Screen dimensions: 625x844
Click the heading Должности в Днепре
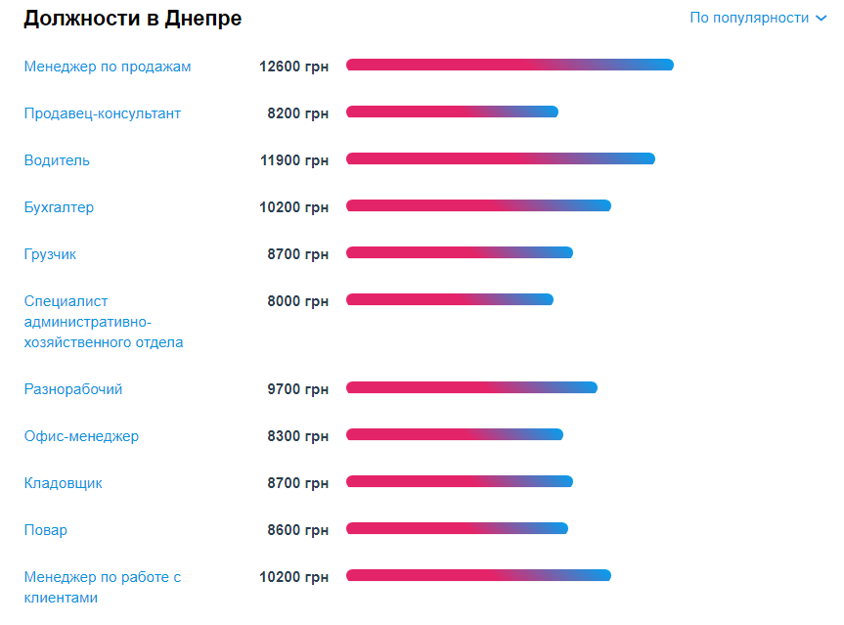(x=132, y=19)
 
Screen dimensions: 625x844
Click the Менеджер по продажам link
(x=108, y=67)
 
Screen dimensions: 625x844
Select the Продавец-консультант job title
(x=103, y=113)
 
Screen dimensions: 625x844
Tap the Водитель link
(x=57, y=160)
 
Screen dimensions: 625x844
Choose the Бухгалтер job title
(x=60, y=207)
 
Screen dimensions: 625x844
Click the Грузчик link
(x=50, y=254)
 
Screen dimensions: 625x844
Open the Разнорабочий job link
(x=73, y=389)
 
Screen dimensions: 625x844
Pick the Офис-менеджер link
(x=81, y=436)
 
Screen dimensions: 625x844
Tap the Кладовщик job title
(x=64, y=483)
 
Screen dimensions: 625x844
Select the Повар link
(x=46, y=530)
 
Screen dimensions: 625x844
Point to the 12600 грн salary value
(x=293, y=67)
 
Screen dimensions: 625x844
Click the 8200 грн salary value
(x=297, y=113)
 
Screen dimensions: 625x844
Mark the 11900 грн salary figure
(x=293, y=160)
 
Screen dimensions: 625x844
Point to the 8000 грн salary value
(x=297, y=301)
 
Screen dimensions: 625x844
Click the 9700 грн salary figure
(x=297, y=389)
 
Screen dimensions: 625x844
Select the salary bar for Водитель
(x=500, y=158)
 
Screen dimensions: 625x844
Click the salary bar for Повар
(x=457, y=528)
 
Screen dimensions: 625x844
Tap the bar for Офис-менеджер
(x=455, y=434)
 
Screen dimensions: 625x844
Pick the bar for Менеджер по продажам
(x=510, y=65)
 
